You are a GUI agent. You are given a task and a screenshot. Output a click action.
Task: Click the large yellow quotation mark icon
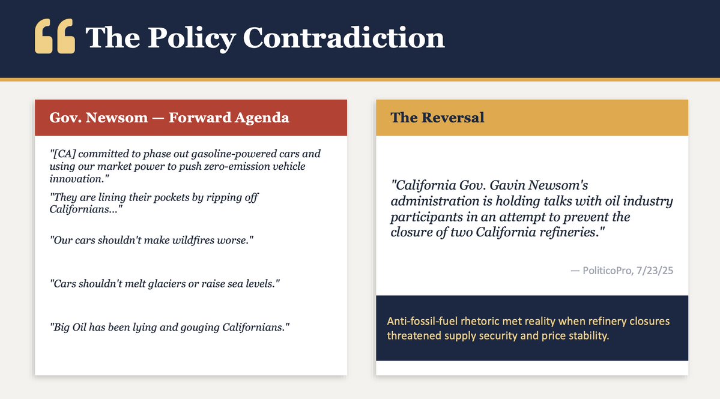coord(55,37)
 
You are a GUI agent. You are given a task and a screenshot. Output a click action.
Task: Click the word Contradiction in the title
coord(343,38)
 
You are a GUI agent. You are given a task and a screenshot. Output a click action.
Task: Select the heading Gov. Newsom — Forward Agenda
coord(169,118)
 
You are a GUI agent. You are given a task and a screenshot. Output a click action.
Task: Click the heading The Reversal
coord(437,118)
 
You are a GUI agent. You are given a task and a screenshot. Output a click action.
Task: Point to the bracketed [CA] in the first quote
coord(64,154)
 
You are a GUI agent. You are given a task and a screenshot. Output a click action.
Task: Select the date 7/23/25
coord(656,271)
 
